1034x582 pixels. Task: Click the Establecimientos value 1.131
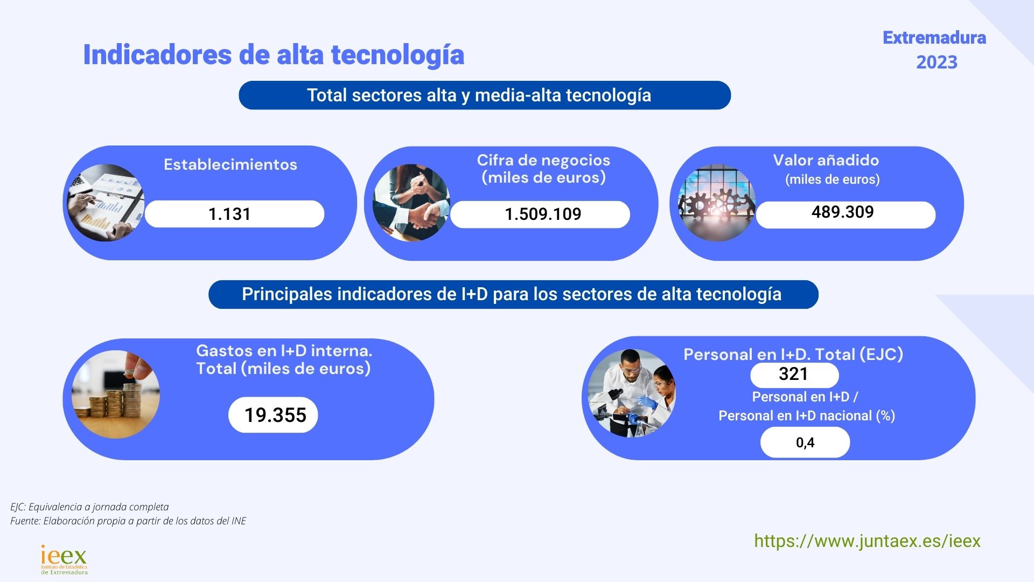[229, 214]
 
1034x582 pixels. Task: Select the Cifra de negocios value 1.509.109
[543, 214]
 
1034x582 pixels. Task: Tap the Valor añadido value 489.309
[842, 212]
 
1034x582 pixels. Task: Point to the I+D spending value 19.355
[275, 415]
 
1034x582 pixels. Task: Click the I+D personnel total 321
[793, 374]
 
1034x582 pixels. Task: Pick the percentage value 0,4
[805, 442]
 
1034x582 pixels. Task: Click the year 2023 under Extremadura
[937, 62]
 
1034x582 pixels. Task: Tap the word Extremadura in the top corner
[934, 38]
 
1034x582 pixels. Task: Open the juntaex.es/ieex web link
[867, 541]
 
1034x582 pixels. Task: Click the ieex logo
[64, 560]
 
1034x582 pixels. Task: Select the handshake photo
[411, 203]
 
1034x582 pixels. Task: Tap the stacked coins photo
[116, 394]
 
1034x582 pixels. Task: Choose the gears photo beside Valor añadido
[717, 203]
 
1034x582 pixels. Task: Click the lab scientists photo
[631, 393]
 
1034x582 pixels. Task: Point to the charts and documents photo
[106, 203]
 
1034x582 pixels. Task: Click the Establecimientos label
[230, 164]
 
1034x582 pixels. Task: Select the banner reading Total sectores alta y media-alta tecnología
[485, 95]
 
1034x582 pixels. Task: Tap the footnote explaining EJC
[89, 507]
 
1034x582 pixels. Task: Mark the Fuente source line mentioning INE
[128, 521]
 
